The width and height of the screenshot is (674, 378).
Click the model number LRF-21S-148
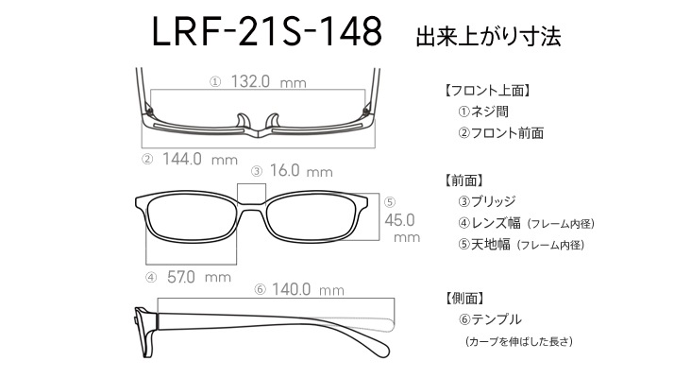(267, 31)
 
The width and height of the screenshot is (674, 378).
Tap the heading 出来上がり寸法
(488, 37)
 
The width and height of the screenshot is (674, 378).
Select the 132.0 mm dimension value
(269, 81)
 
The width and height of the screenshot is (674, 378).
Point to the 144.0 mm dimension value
(200, 160)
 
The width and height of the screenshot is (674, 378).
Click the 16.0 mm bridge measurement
(301, 171)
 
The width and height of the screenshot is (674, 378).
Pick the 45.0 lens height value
(399, 220)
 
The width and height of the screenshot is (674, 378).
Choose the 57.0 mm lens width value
(198, 277)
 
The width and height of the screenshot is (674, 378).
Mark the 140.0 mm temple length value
(308, 289)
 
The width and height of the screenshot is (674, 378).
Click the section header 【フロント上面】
(486, 91)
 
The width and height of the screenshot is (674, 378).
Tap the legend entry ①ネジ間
(483, 112)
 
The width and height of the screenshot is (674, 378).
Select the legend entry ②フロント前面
(500, 133)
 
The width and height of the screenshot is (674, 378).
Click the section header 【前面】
(463, 180)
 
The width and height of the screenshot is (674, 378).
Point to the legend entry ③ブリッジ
(486, 201)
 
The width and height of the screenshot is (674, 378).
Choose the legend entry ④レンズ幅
(489, 223)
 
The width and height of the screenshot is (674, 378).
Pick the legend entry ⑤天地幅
(484, 245)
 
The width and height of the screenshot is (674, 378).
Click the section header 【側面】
(463, 298)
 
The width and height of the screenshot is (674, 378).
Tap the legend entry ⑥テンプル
(490, 319)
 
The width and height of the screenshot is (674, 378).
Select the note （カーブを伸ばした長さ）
(519, 341)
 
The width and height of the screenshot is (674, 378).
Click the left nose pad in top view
(243, 121)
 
